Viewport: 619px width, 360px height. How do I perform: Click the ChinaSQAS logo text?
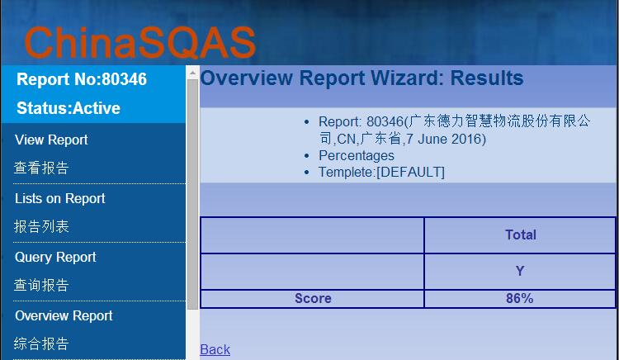[139, 43]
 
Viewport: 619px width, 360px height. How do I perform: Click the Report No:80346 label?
[82, 79]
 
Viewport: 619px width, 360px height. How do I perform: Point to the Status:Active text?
[69, 108]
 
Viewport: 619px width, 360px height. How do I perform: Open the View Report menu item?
[51, 140]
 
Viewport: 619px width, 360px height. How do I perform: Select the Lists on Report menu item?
[60, 198]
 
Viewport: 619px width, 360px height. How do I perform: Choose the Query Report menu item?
[55, 257]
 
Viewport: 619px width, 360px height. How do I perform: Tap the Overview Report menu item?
[64, 315]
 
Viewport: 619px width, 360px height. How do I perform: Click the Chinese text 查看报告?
[41, 168]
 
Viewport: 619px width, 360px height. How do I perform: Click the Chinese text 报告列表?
[41, 226]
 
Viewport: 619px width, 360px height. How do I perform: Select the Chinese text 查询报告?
[41, 285]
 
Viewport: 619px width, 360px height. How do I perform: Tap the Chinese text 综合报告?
[41, 343]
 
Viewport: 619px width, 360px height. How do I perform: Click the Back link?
[215, 349]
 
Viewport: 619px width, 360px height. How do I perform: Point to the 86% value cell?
[519, 298]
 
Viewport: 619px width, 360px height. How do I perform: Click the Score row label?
[313, 298]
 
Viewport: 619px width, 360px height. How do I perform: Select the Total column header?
[521, 234]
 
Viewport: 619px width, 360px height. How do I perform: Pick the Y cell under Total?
[520, 271]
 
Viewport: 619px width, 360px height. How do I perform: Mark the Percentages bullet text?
[356, 155]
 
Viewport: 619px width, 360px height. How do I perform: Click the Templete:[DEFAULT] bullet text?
[381, 172]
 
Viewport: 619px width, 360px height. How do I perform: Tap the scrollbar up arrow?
[192, 73]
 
